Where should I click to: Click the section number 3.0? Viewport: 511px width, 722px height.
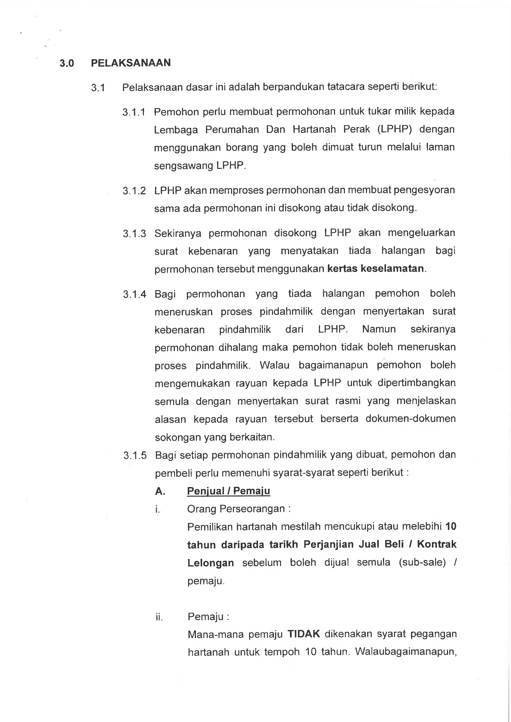pyautogui.click(x=67, y=64)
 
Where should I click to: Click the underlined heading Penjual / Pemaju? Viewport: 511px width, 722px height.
pyautogui.click(x=228, y=491)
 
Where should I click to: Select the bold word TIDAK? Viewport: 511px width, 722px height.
pyautogui.click(x=304, y=634)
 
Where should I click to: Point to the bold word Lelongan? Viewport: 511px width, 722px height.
pyautogui.click(x=210, y=563)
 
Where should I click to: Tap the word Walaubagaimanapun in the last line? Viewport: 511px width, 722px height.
pyautogui.click(x=406, y=652)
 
